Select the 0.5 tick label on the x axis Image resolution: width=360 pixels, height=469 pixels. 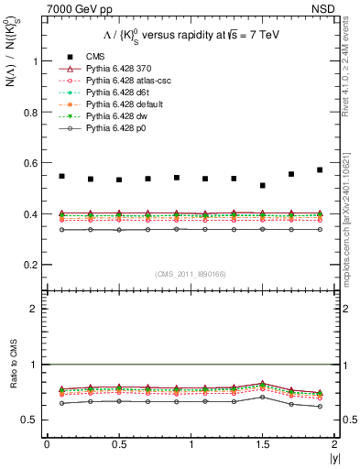tap(118, 444)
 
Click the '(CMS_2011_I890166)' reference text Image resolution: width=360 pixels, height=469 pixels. tap(191, 274)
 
